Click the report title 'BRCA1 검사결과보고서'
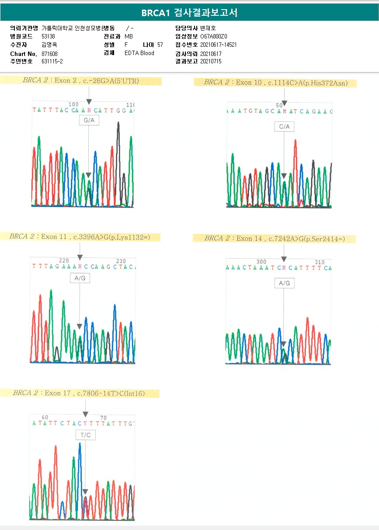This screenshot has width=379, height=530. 189,13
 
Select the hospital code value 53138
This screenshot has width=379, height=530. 48,36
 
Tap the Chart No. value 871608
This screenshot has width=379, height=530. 49,53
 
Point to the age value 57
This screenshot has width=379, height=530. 160,45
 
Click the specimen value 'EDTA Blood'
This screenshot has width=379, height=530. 139,53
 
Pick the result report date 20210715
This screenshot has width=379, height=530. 211,62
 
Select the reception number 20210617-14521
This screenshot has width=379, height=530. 219,45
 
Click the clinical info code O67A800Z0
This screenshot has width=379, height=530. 214,36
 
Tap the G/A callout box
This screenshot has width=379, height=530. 89,120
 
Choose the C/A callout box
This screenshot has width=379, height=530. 284,127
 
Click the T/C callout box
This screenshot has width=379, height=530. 85,435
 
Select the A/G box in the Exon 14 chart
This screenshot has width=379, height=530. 284,283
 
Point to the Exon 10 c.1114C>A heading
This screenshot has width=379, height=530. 275,83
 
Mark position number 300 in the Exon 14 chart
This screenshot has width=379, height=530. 261,262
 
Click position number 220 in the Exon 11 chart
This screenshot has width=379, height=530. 64,260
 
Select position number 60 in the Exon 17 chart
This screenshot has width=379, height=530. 45,418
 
